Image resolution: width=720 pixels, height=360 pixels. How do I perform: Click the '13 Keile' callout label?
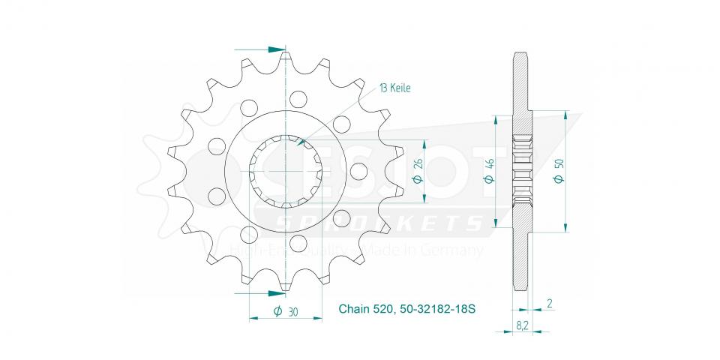tap(394, 88)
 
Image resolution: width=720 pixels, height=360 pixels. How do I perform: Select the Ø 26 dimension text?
tap(417, 172)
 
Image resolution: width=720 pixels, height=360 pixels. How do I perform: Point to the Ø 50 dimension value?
tap(556, 172)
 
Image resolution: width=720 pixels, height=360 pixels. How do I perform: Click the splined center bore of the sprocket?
tap(286, 171)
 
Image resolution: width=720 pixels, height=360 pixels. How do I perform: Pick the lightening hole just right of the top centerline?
tap(298, 98)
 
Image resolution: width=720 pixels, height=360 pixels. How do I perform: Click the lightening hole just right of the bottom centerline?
tap(298, 244)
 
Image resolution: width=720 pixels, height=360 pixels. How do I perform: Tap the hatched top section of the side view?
tap(521, 82)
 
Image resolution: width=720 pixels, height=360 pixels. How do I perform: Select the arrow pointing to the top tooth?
tap(278, 49)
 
